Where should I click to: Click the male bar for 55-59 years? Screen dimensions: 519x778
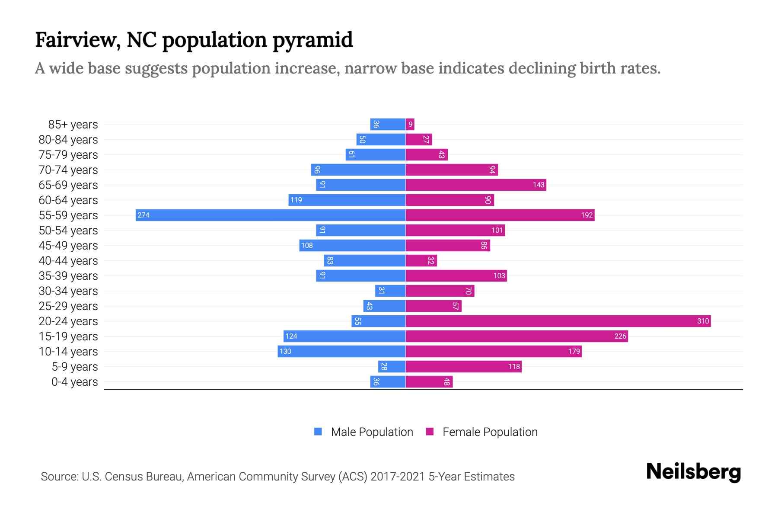click(271, 215)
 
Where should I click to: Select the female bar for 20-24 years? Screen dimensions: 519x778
click(558, 321)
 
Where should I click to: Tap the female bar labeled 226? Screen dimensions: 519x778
click(517, 336)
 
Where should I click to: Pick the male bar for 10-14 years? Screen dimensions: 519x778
click(341, 351)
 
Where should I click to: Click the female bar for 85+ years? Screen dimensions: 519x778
click(410, 124)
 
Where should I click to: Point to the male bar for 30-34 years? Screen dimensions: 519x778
click(390, 291)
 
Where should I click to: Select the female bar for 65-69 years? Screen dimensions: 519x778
click(475, 185)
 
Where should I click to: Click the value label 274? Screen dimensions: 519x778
click(143, 215)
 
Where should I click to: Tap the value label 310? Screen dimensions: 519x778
click(703, 321)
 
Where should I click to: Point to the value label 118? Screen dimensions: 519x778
click(513, 366)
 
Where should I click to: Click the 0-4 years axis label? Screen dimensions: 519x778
click(74, 382)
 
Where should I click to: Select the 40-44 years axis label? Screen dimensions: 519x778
click(68, 261)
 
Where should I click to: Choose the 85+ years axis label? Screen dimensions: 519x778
click(73, 125)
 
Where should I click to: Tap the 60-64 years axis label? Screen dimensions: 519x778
click(68, 200)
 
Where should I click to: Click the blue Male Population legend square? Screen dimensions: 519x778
click(318, 432)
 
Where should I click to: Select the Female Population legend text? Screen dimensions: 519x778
click(490, 432)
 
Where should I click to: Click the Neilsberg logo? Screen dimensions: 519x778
click(693, 472)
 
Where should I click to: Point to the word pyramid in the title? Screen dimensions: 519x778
click(312, 40)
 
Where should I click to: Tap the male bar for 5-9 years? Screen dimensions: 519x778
click(392, 366)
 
